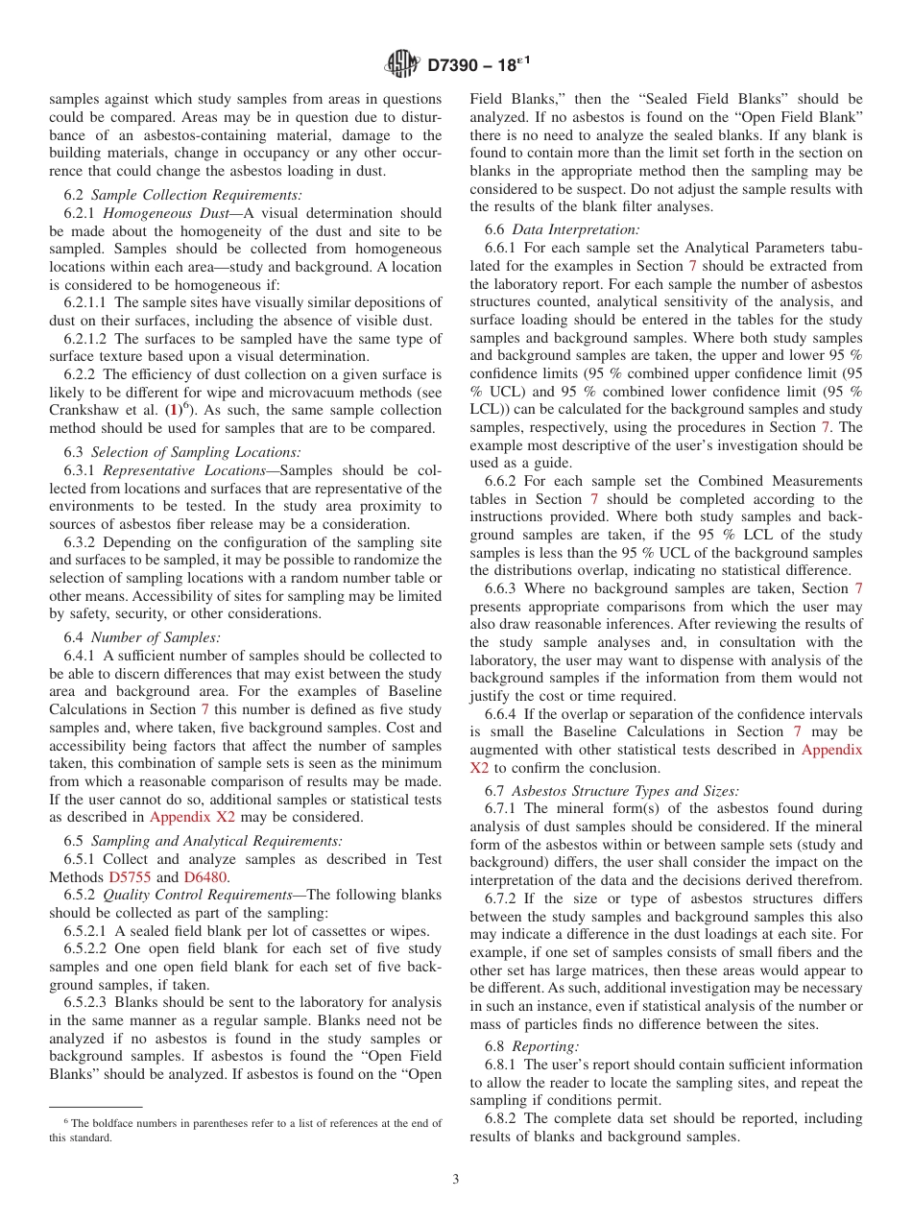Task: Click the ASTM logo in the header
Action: pyautogui.click(x=401, y=64)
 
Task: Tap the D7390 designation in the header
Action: pyautogui.click(x=478, y=65)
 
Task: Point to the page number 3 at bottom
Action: pyautogui.click(x=456, y=1180)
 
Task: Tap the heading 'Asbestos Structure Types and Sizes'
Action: pyautogui.click(x=625, y=791)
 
